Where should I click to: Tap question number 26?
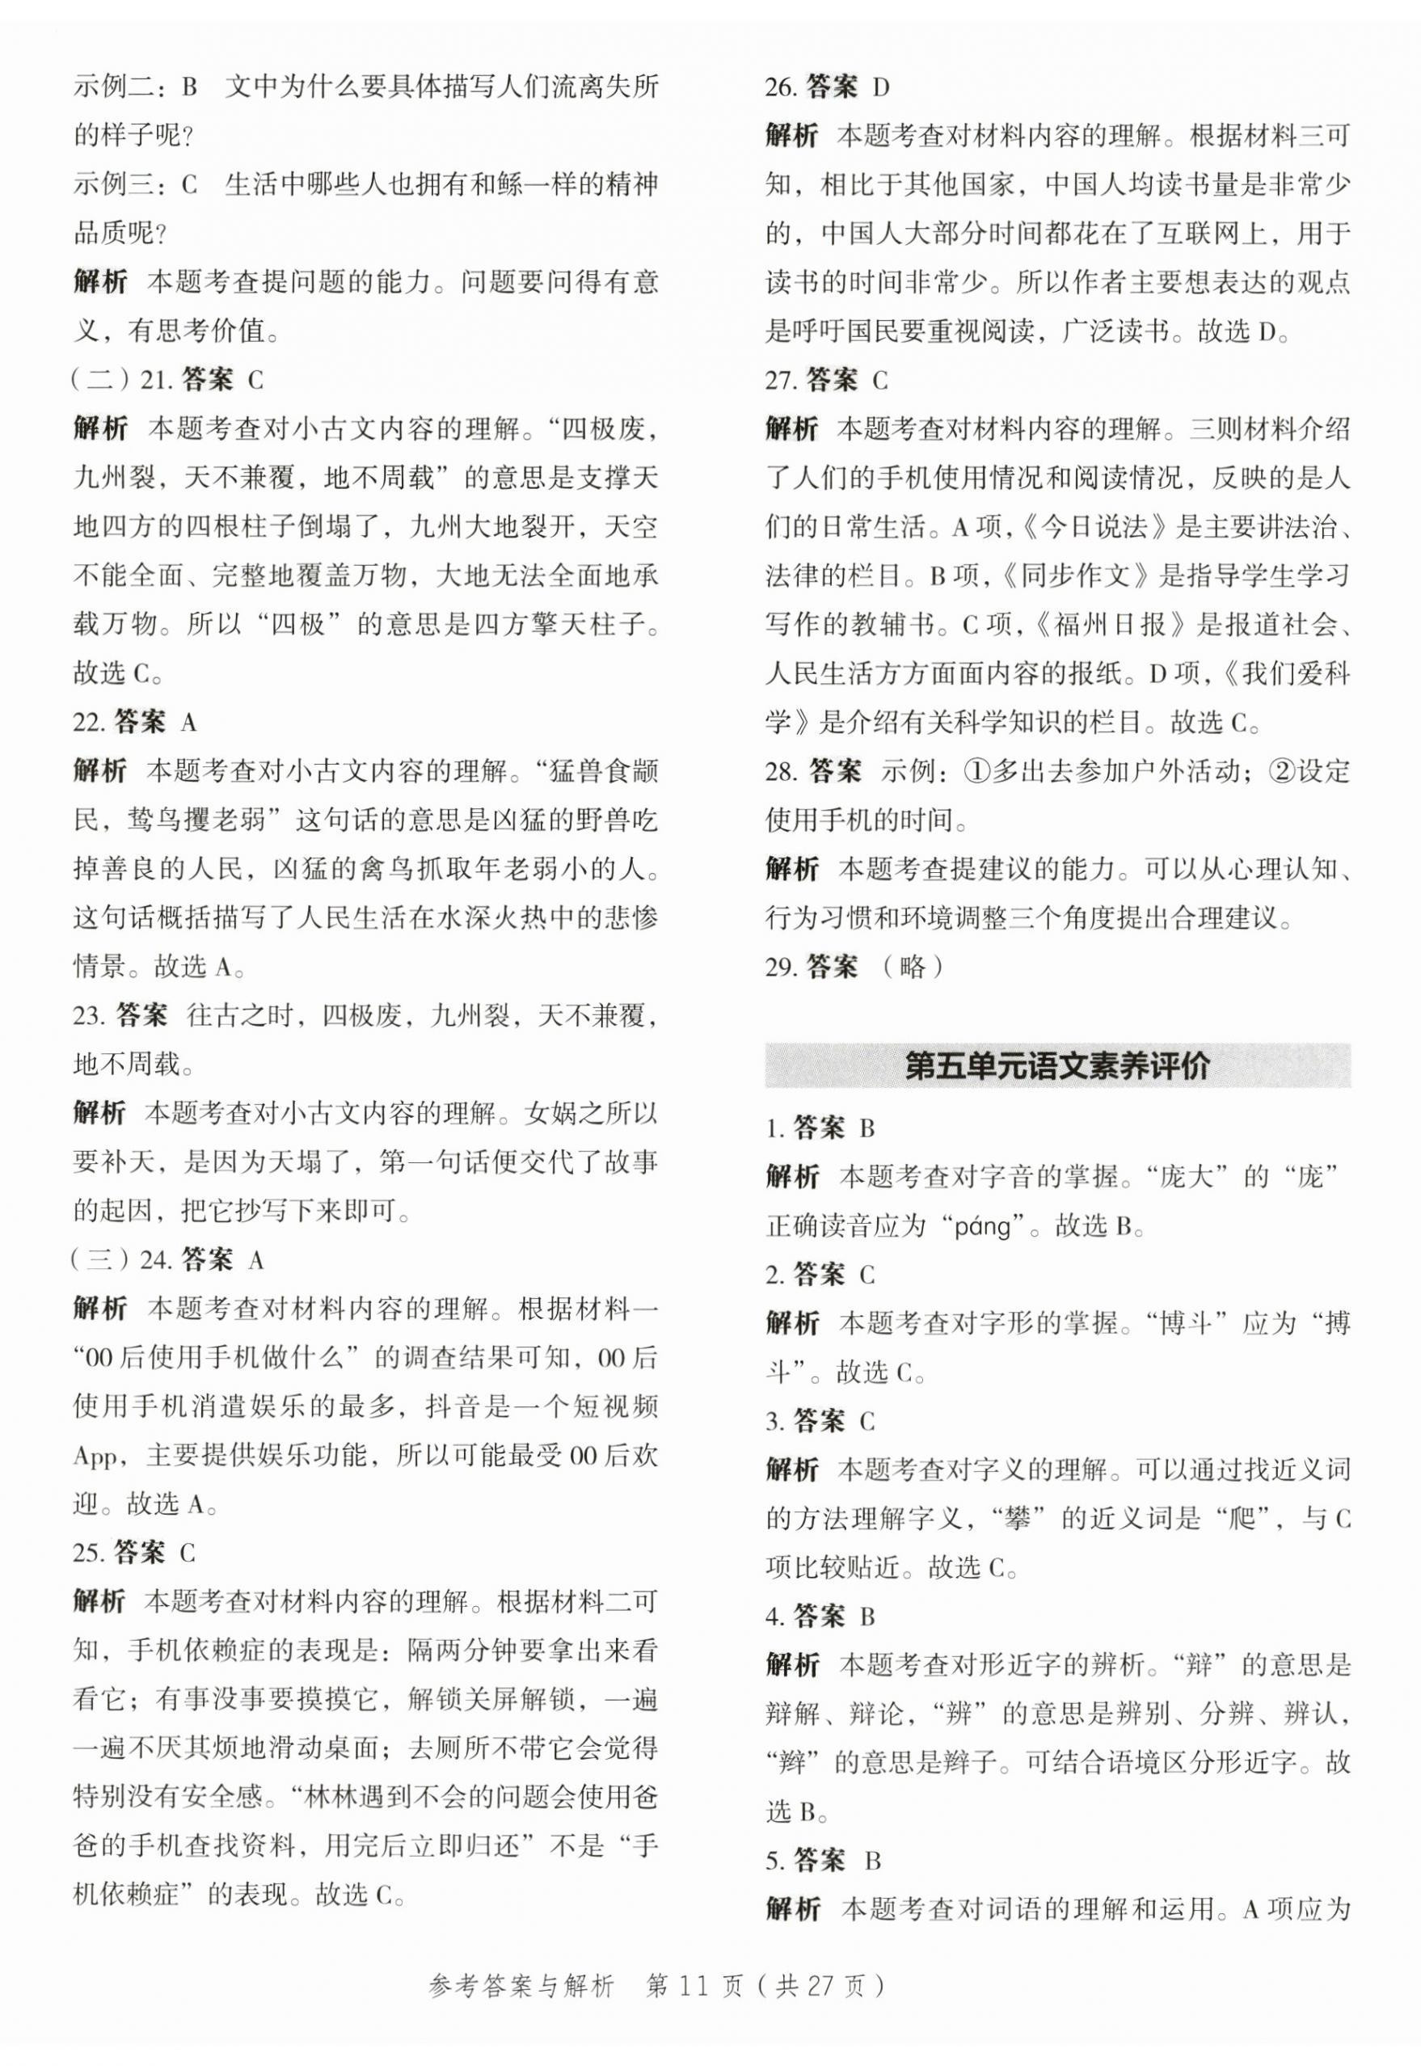(780, 88)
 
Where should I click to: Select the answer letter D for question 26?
(880, 88)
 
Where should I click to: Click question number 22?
(89, 723)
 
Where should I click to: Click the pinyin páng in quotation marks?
(982, 1228)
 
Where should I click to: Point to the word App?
(96, 1457)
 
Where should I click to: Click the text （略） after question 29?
(912, 967)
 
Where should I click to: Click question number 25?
(90, 1554)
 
